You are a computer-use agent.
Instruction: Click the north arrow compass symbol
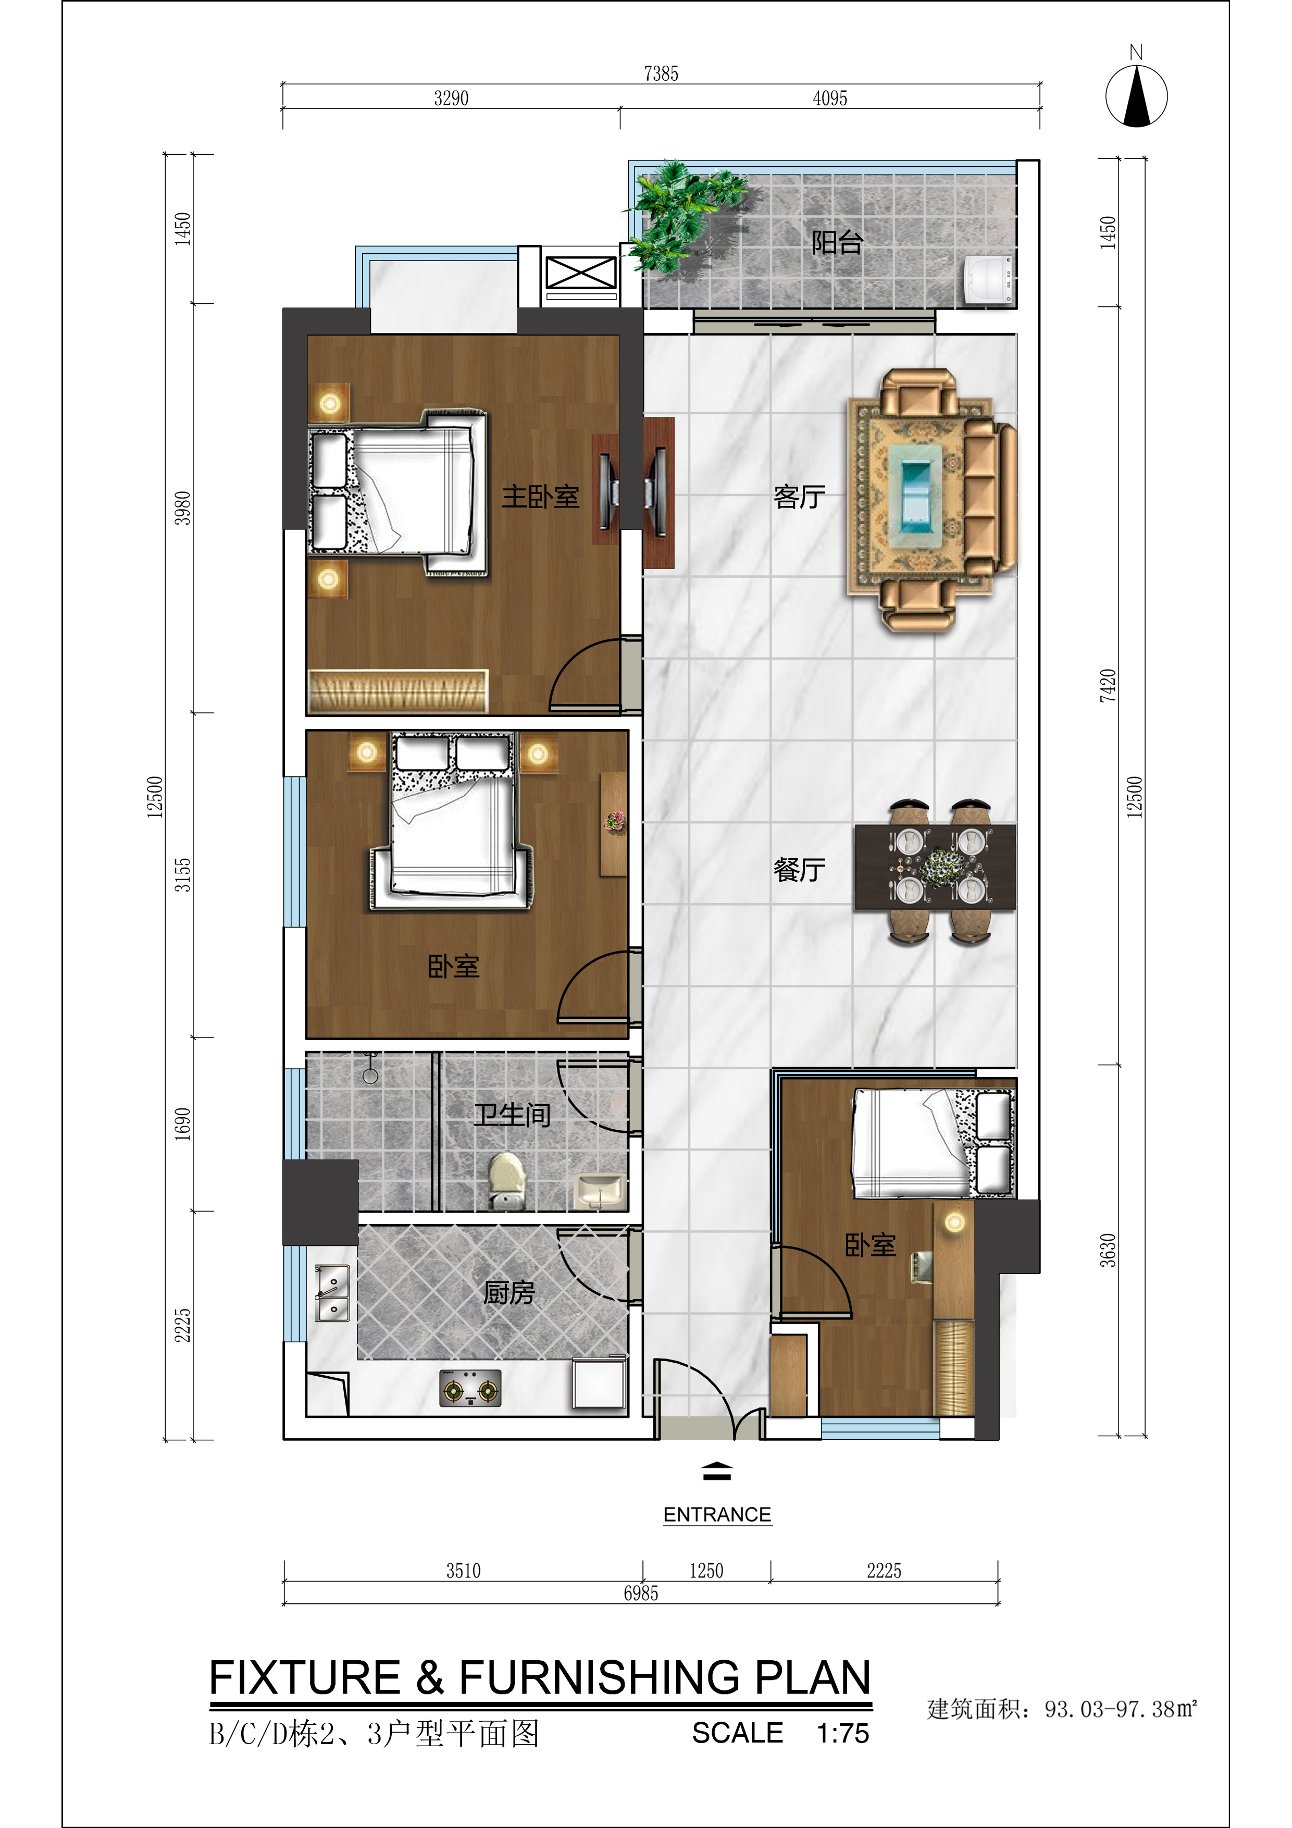pos(1136,95)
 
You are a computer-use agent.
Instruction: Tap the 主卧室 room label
pos(541,496)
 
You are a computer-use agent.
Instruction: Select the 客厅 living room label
pos(799,496)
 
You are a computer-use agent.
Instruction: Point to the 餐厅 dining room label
pos(799,869)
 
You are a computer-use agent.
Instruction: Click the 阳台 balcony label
pos(837,242)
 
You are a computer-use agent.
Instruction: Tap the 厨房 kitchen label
pos(508,1292)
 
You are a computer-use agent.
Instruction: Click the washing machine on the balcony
pos(988,279)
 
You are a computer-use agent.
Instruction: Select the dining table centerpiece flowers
pos(940,866)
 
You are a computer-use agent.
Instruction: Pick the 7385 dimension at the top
pos(661,74)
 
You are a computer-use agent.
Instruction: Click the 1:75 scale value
pos(843,1733)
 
